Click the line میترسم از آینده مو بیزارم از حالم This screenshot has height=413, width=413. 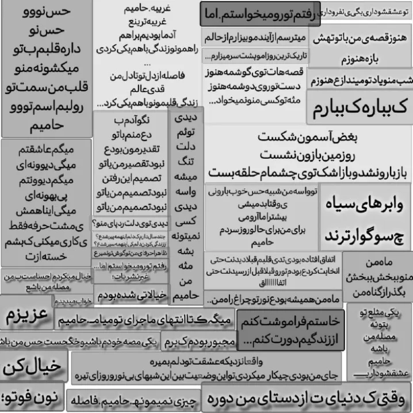(x=253, y=37)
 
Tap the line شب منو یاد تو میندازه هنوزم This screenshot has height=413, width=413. (x=361, y=81)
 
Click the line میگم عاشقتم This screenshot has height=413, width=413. (x=46, y=151)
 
